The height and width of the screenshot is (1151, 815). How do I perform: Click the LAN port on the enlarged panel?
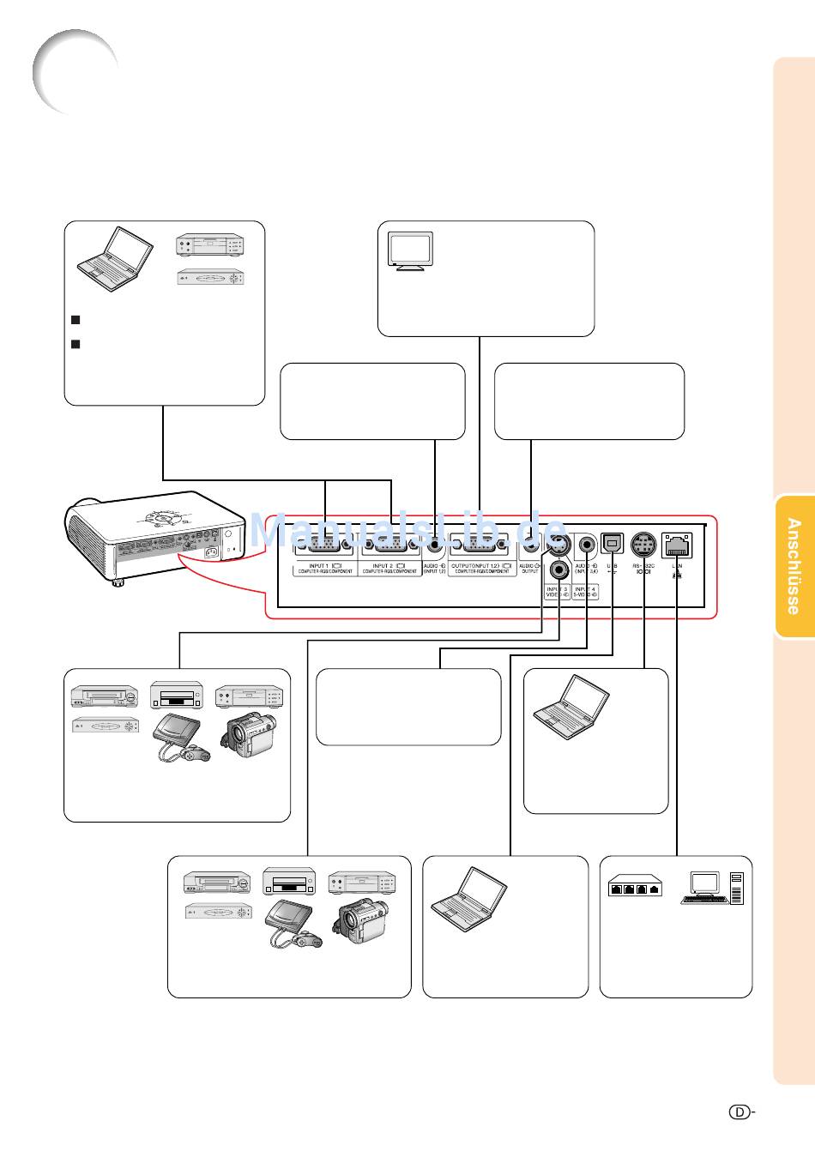coord(678,545)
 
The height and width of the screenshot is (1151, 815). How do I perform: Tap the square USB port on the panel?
coord(612,544)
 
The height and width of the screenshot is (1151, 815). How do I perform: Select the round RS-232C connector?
coord(643,545)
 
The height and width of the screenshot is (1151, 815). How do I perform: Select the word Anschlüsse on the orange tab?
coord(794,566)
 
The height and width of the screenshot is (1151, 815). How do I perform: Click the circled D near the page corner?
coord(740,1112)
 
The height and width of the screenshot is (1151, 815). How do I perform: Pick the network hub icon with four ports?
coord(637,886)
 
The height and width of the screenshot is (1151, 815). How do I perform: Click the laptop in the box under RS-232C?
coord(570,707)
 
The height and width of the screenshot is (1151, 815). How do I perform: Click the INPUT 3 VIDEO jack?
coord(559,568)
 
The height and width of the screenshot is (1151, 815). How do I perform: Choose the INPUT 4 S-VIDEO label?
coord(585,592)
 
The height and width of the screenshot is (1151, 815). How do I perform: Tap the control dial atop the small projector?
coord(163,518)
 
